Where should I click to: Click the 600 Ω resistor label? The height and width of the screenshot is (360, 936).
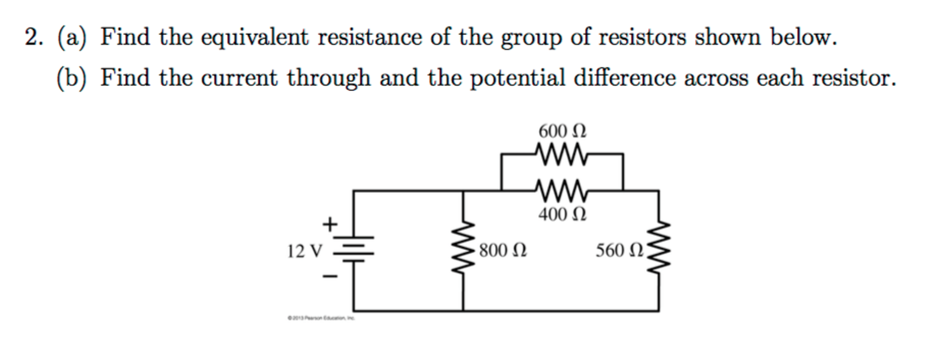[x=562, y=131]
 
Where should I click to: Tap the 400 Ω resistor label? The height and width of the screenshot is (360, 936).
[x=562, y=214]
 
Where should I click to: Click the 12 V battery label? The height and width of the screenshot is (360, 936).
[x=305, y=251]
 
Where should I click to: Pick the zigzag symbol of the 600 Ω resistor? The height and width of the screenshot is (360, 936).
[x=561, y=154]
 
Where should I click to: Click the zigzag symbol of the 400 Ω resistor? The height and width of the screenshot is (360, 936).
[x=561, y=189]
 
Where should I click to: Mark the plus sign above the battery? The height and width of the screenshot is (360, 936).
[x=329, y=224]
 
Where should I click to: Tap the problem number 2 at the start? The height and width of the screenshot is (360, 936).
[x=33, y=37]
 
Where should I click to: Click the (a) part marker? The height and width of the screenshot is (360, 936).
[x=71, y=37]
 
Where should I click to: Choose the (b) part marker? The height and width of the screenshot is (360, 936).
[x=71, y=78]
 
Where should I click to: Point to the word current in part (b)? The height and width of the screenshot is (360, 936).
[x=239, y=78]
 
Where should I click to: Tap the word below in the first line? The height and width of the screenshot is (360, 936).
[x=803, y=37]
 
